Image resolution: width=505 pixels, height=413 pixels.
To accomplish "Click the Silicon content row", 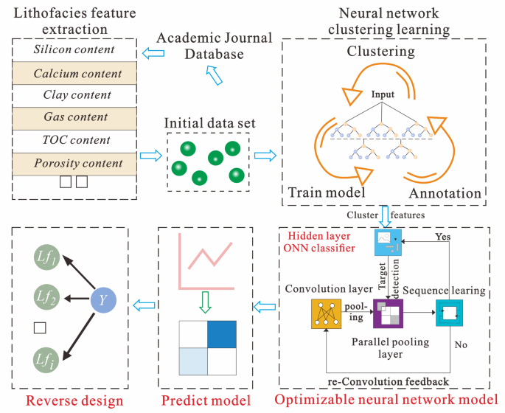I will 74,50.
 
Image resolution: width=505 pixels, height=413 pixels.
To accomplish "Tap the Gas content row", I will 74,117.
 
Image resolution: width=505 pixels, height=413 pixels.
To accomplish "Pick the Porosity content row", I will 74,162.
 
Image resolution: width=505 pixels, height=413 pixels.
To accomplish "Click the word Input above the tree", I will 383,94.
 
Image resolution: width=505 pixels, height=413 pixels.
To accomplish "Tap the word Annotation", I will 445,193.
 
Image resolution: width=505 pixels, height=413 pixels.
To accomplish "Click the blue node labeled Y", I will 102,300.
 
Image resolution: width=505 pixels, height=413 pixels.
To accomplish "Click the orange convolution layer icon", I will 324,314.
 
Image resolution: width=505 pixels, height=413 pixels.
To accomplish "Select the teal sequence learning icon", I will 448,313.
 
